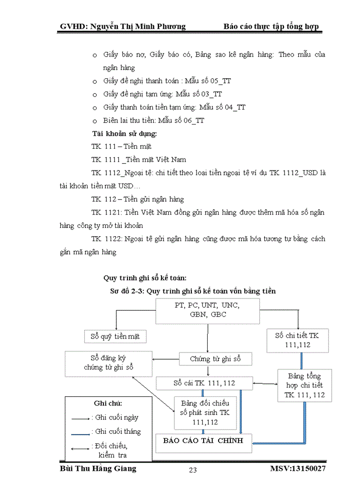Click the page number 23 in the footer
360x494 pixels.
[x=193, y=469]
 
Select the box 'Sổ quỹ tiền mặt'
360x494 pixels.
[x=116, y=337]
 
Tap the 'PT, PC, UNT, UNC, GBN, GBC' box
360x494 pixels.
[x=207, y=310]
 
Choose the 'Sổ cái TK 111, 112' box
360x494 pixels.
[x=204, y=383]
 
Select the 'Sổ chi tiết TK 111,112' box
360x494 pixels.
[x=297, y=340]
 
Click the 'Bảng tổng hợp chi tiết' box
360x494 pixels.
[x=304, y=385]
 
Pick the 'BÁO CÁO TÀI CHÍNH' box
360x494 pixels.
[x=204, y=442]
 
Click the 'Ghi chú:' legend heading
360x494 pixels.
[x=109, y=403]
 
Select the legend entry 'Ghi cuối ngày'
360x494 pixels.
[x=115, y=417]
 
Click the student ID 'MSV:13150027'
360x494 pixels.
[x=297, y=469]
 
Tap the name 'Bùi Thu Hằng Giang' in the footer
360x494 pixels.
[x=98, y=469]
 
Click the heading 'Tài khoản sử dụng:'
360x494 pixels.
[x=124, y=133]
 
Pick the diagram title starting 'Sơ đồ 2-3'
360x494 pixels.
[x=193, y=291]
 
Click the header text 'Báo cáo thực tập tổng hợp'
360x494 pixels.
[x=272, y=26]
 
